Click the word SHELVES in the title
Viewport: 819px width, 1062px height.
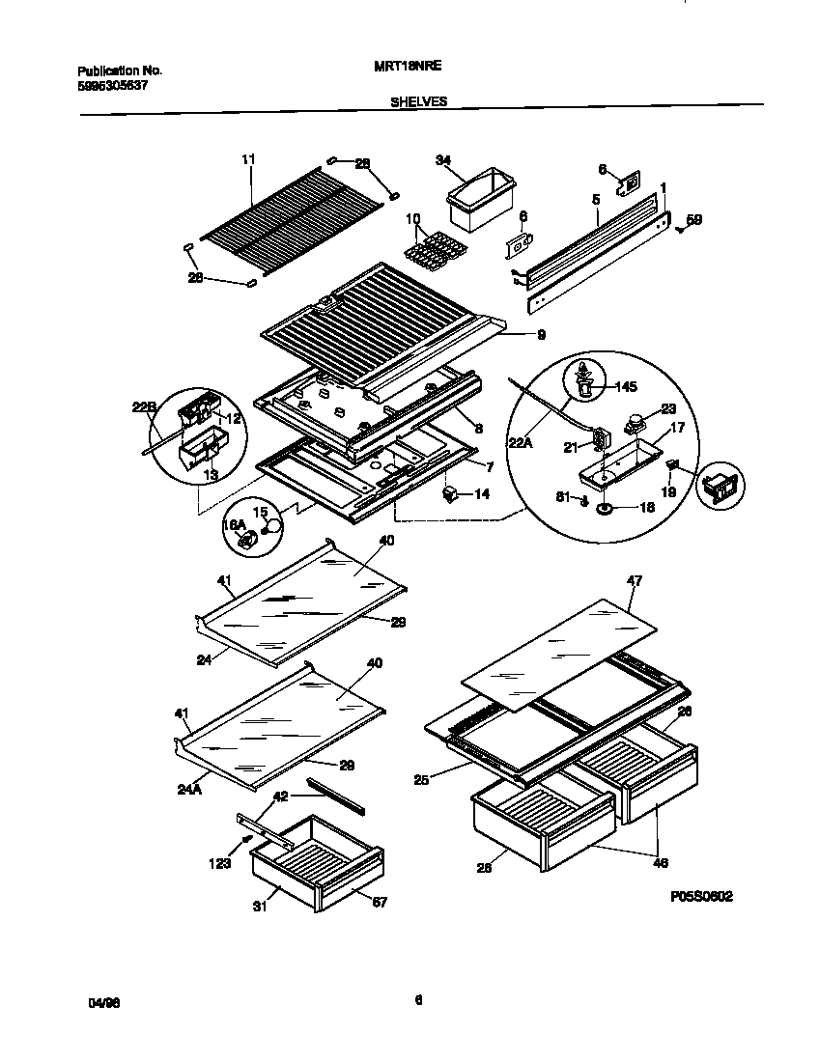point(418,100)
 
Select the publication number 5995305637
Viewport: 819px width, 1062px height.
point(112,84)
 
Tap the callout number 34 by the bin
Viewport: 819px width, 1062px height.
point(443,160)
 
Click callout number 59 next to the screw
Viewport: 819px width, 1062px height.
point(694,220)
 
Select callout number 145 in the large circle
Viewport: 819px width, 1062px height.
point(625,387)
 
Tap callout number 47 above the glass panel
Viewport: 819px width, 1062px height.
point(634,580)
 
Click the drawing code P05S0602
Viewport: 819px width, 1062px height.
point(701,897)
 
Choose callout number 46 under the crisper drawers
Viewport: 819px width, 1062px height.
point(662,862)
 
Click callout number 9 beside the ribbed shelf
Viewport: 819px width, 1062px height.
point(541,335)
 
